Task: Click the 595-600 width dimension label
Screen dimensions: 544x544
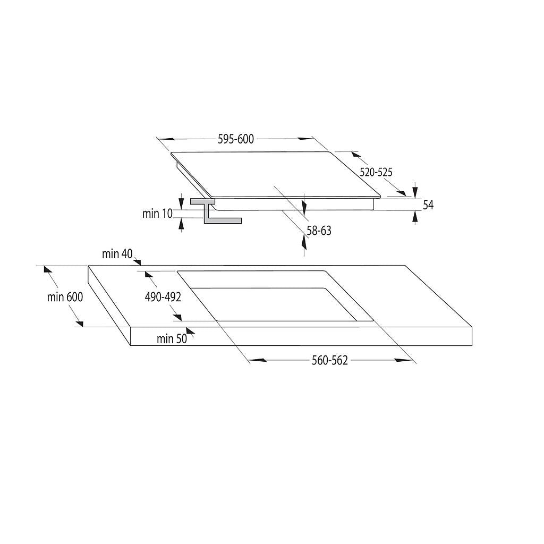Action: click(x=236, y=139)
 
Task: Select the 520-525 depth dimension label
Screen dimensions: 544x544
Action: click(x=376, y=172)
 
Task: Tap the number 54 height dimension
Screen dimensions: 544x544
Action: click(x=428, y=205)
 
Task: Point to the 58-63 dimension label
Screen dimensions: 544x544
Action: click(x=319, y=231)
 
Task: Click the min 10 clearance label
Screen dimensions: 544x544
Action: click(x=157, y=214)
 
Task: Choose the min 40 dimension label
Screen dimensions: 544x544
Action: click(x=117, y=254)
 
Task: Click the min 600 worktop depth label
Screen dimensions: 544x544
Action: click(x=65, y=297)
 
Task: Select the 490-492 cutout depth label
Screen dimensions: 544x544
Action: click(x=163, y=297)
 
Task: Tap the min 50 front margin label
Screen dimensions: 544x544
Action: click(x=172, y=339)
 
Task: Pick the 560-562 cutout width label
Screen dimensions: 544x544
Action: click(x=329, y=361)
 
